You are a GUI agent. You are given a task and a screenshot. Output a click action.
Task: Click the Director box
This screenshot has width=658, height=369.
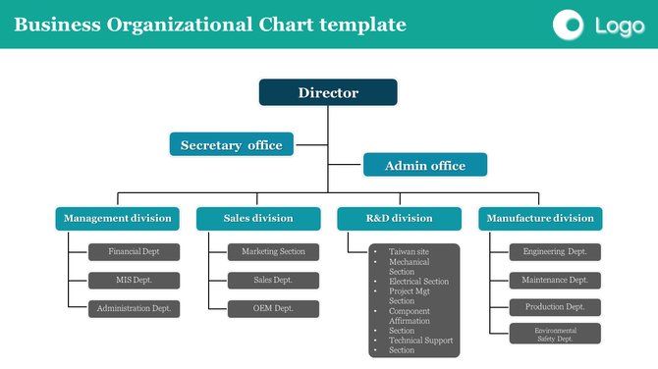pyautogui.click(x=328, y=93)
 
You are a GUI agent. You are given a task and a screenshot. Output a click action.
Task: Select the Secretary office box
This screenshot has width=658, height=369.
pyautogui.click(x=231, y=145)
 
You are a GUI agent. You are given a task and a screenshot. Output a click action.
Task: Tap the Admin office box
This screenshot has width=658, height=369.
pyautogui.click(x=424, y=165)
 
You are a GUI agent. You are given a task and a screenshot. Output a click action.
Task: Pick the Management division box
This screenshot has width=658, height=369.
pyautogui.click(x=117, y=218)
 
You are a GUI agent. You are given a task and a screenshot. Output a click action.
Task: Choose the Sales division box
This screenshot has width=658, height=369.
pyautogui.click(x=258, y=218)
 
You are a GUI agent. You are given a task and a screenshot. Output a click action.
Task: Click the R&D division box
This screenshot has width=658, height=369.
pyautogui.click(x=399, y=218)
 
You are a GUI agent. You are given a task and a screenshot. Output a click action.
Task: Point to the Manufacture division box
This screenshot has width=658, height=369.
pyautogui.click(x=540, y=218)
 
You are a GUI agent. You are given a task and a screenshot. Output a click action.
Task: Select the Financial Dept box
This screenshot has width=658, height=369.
pyautogui.click(x=135, y=251)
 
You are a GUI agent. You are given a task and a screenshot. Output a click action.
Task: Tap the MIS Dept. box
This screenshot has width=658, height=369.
pyautogui.click(x=135, y=280)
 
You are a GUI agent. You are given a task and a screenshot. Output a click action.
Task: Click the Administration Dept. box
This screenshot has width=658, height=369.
pyautogui.click(x=135, y=308)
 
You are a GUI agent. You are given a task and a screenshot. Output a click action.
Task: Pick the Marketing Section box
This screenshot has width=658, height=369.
pyautogui.click(x=274, y=251)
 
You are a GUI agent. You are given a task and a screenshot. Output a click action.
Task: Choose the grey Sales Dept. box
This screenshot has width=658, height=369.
pyautogui.click(x=274, y=280)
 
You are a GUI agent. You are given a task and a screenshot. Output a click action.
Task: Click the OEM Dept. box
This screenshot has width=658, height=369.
pyautogui.click(x=274, y=308)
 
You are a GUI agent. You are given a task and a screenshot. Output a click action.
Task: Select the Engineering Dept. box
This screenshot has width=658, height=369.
pyautogui.click(x=555, y=251)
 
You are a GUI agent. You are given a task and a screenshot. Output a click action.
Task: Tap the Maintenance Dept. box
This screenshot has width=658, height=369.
pyautogui.click(x=555, y=280)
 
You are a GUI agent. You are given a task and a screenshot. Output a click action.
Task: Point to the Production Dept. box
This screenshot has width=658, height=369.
pyautogui.click(x=555, y=306)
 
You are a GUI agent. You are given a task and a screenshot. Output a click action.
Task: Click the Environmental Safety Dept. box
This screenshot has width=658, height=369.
pyautogui.click(x=555, y=334)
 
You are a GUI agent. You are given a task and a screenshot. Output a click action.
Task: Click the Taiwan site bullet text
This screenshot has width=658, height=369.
pyautogui.click(x=409, y=252)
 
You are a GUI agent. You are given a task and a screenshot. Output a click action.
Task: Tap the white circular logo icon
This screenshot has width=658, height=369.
pyautogui.click(x=569, y=25)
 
